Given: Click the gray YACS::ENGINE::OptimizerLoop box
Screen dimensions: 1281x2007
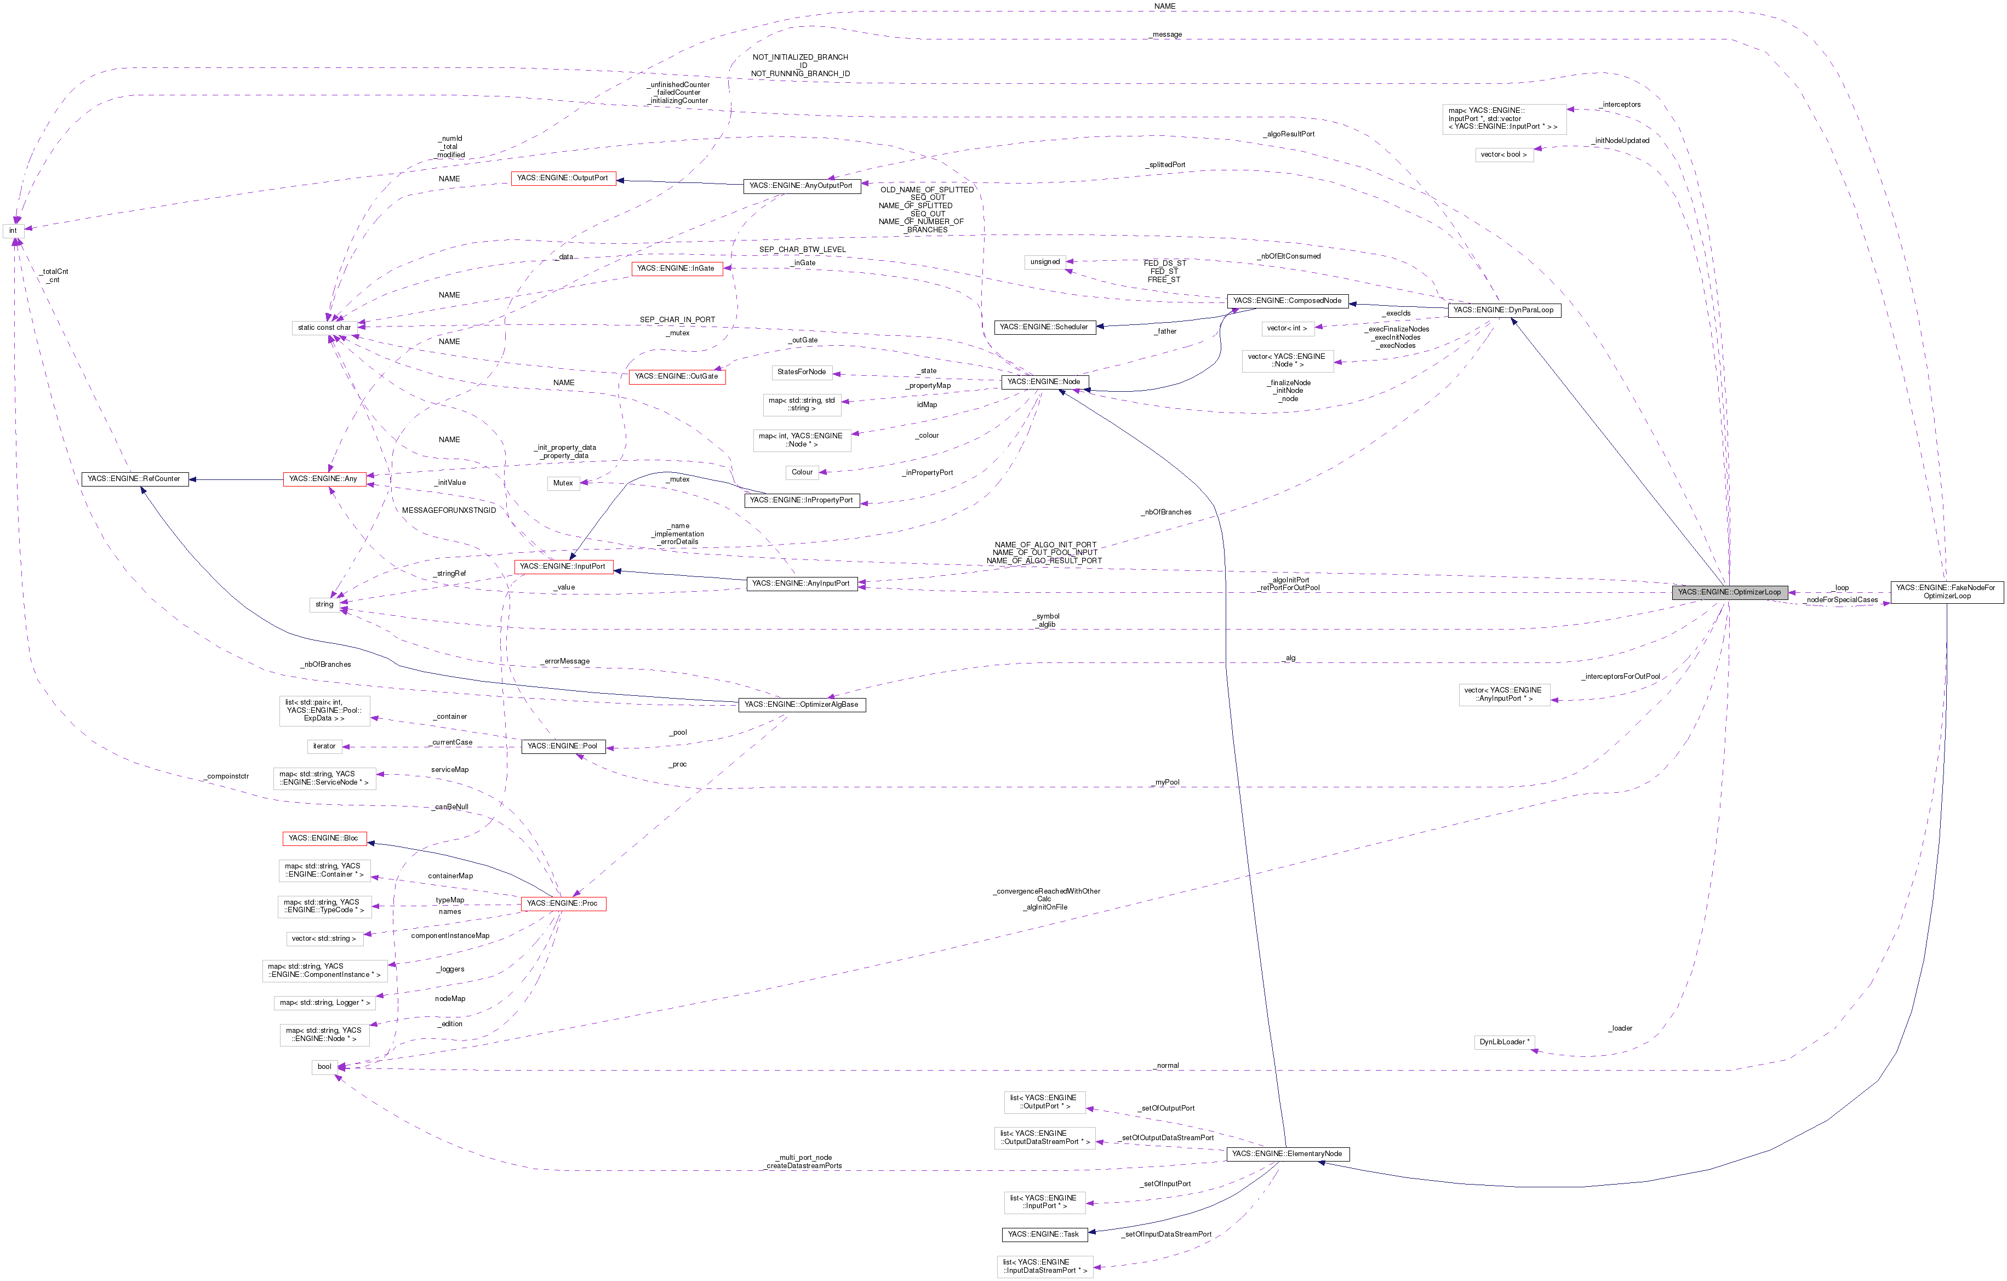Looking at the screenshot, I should click(1729, 592).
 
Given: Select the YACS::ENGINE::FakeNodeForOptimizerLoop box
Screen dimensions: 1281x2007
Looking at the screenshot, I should click(1946, 592).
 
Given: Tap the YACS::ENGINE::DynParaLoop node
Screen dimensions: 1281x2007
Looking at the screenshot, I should click(1503, 310).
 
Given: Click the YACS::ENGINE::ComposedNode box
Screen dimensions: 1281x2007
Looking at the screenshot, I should click(1287, 300).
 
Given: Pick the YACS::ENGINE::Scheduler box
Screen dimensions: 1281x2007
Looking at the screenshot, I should click(1044, 327).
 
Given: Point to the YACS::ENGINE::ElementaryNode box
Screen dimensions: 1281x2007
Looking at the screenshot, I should click(1287, 1153).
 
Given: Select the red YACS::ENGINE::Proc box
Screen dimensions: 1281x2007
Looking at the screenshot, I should click(563, 903).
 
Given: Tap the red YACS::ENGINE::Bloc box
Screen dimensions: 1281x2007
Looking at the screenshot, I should click(323, 838).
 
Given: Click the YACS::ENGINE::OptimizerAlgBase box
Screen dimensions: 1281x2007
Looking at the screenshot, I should click(801, 704).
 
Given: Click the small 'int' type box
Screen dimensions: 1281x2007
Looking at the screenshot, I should click(13, 231).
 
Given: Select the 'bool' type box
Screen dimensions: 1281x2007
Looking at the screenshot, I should click(324, 1067).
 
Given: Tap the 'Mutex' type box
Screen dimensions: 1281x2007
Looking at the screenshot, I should click(563, 483).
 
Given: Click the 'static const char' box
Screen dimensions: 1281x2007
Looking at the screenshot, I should click(324, 328).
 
